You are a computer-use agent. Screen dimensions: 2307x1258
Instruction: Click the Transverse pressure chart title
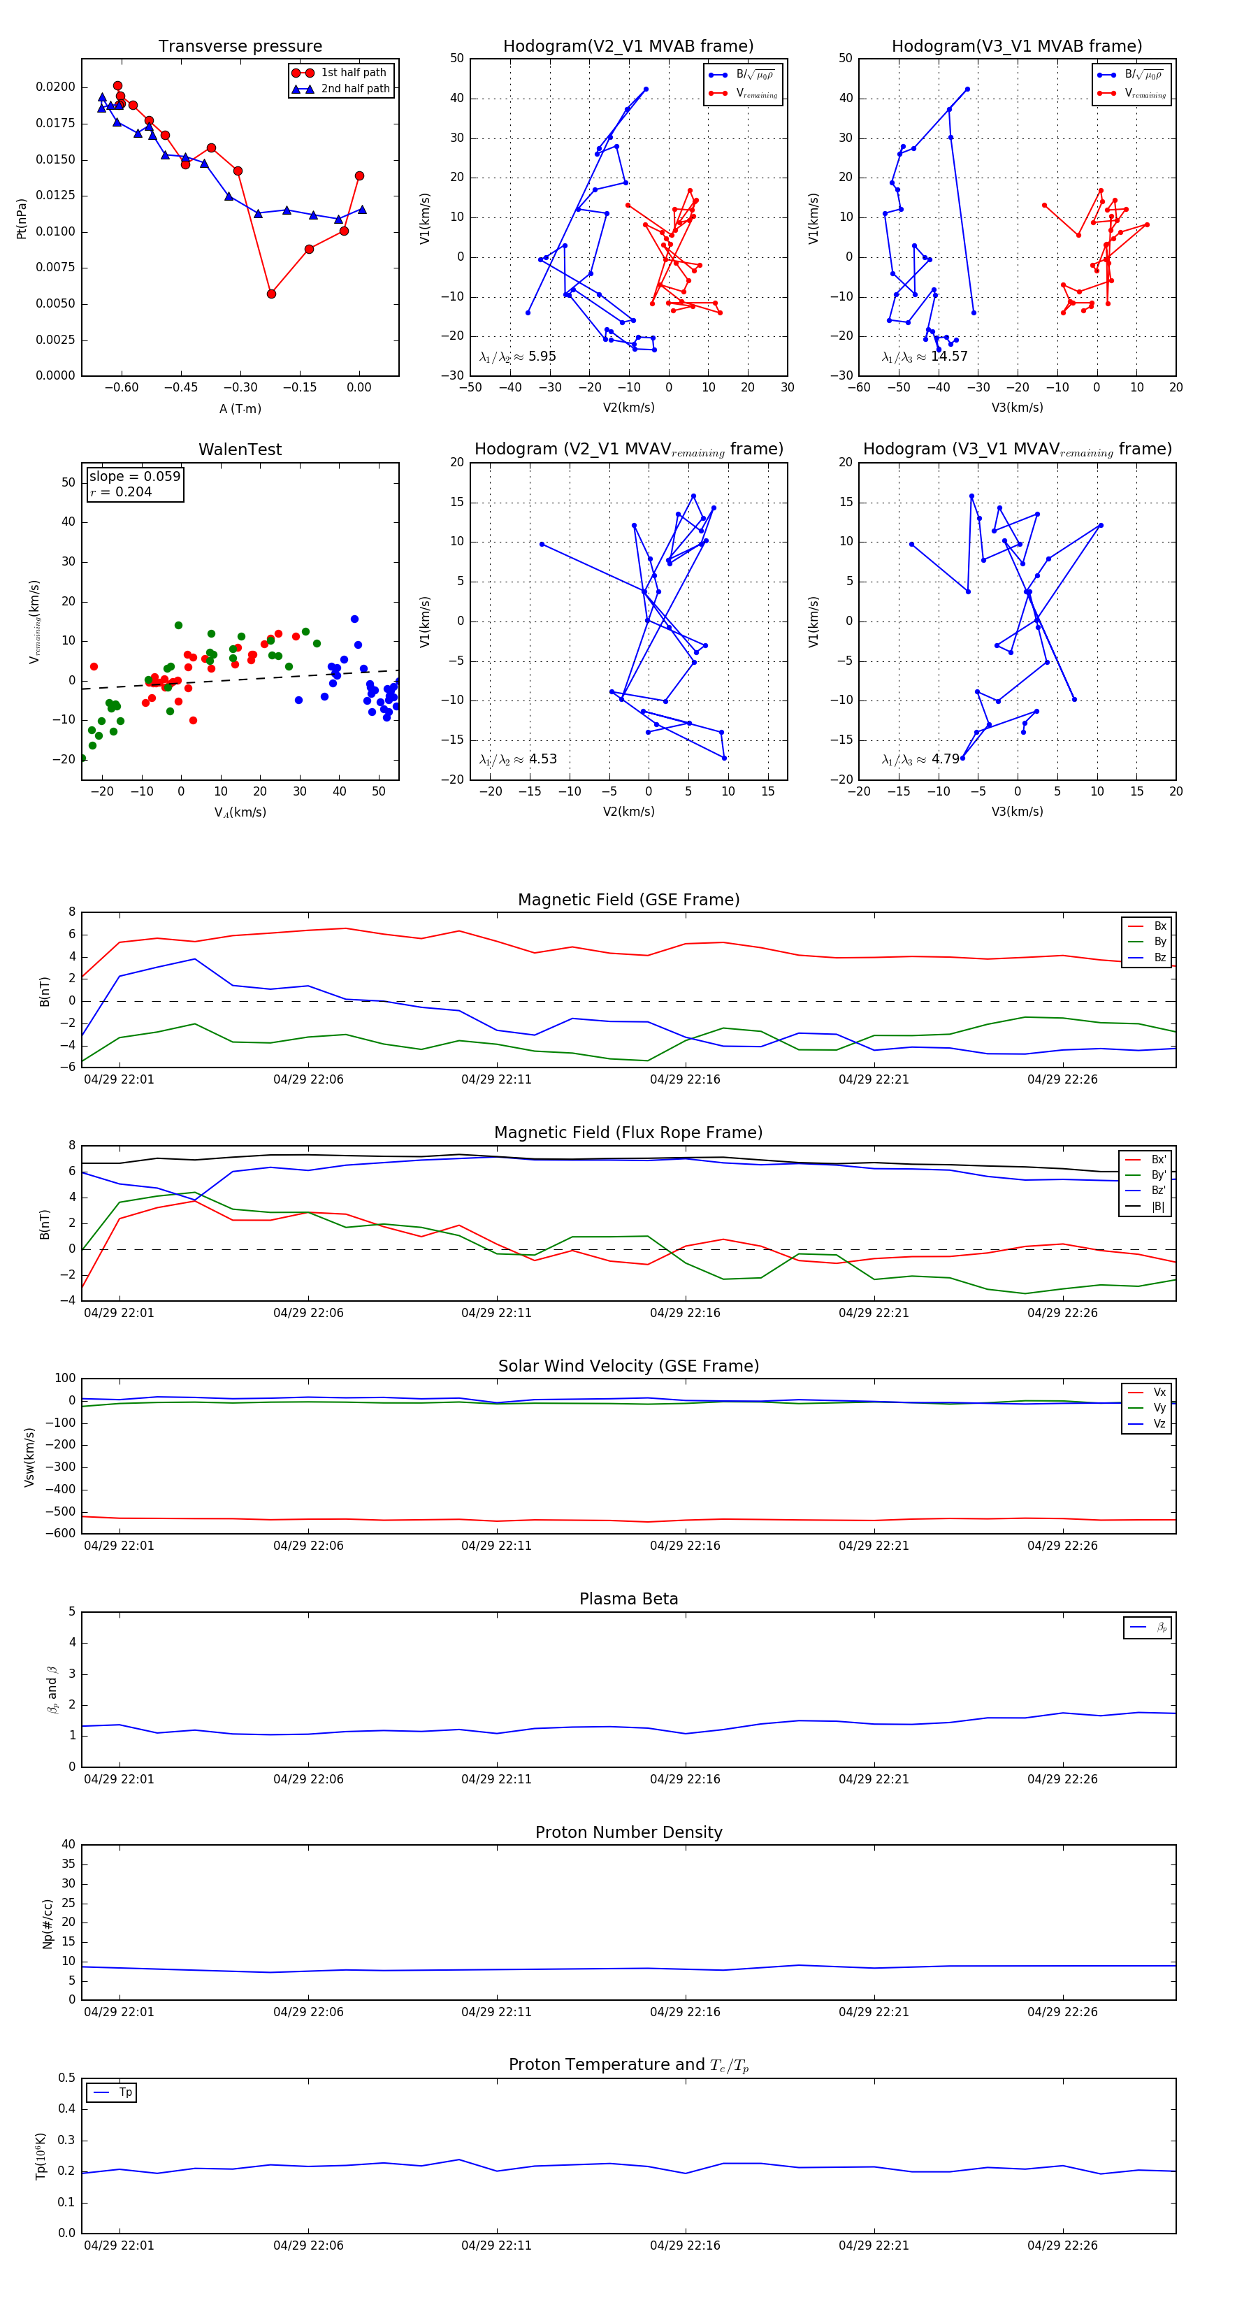click(x=240, y=47)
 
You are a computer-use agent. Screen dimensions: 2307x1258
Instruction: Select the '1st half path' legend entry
click(x=353, y=73)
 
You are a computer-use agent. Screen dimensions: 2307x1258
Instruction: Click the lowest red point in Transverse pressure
click(x=271, y=294)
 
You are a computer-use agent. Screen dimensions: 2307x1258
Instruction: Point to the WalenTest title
click(x=240, y=450)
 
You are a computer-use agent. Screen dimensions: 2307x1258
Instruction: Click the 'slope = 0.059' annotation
click(x=134, y=477)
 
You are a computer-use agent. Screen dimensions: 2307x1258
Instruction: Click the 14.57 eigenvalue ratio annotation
click(x=949, y=357)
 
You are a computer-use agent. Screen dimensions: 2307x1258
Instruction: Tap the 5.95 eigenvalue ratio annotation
click(x=542, y=357)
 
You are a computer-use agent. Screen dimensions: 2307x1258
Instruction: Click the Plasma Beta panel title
click(x=628, y=1600)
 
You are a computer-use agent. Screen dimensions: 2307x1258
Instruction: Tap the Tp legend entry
click(x=124, y=2093)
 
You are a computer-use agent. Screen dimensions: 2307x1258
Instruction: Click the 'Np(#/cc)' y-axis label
click(x=48, y=1924)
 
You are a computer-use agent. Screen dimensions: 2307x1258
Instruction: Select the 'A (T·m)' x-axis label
click(x=240, y=409)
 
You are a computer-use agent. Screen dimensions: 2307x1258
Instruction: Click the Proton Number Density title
click(x=628, y=1832)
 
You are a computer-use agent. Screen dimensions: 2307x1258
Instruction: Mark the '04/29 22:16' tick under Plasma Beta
click(x=685, y=1779)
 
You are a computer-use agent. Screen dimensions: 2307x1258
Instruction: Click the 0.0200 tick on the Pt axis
click(x=55, y=87)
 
